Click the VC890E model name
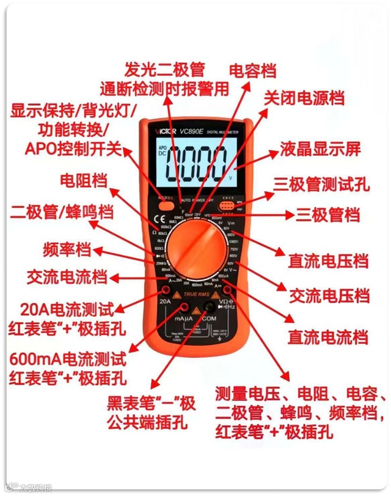pyautogui.click(x=191, y=131)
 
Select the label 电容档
pyautogui.click(x=252, y=70)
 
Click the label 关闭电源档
pyautogui.click(x=304, y=98)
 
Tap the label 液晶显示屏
pyautogui.click(x=321, y=149)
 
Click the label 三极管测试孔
pyautogui.click(x=321, y=183)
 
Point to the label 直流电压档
pyautogui.click(x=329, y=262)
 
